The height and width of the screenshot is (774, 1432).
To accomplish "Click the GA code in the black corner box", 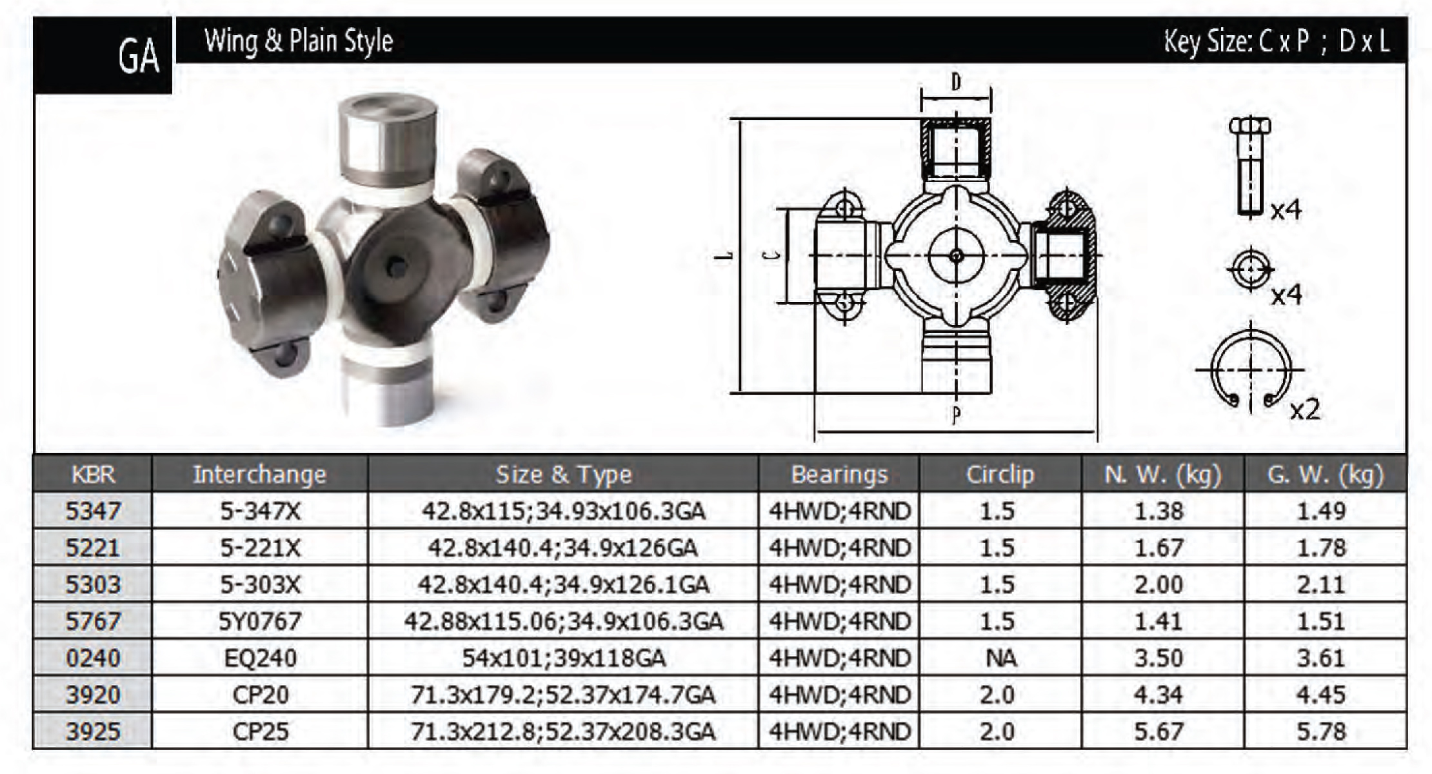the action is click(139, 56).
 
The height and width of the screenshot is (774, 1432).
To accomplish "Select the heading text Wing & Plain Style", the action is click(299, 41).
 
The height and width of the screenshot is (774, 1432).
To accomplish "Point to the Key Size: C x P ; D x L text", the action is click(1277, 41).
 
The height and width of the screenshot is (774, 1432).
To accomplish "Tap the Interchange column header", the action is click(260, 474).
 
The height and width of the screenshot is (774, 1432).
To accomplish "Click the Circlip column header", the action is click(1000, 474).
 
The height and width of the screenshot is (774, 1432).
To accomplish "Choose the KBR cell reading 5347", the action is click(93, 511).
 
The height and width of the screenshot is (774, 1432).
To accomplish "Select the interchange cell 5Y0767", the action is click(260, 621).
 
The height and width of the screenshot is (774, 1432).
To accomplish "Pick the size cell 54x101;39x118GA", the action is click(564, 658).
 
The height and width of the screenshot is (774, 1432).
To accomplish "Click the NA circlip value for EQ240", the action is click(1000, 658).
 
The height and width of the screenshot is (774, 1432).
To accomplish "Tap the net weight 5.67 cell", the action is click(1159, 731).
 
